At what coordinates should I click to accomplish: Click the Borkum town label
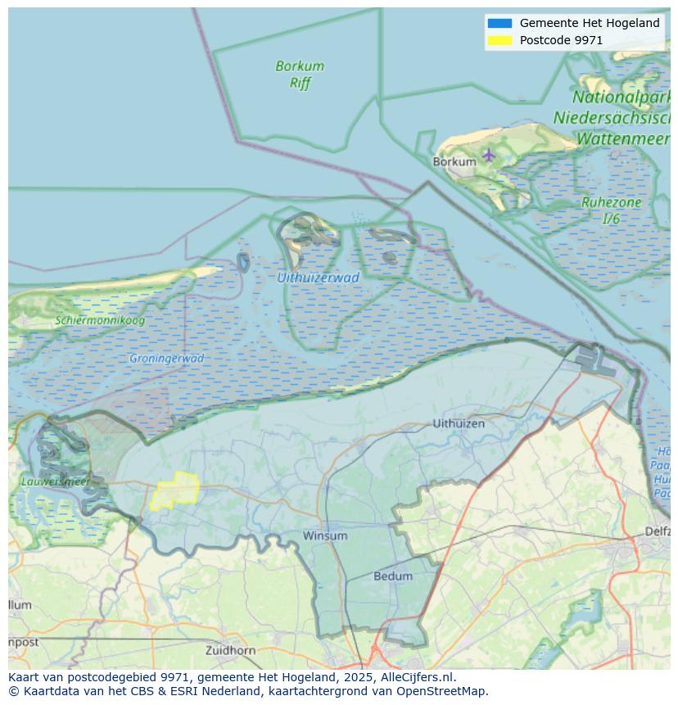point(454,162)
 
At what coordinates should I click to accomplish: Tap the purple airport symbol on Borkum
point(489,154)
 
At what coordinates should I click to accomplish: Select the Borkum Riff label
point(300,74)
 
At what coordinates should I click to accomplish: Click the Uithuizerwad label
point(318,278)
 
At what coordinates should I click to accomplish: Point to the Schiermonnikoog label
point(100,320)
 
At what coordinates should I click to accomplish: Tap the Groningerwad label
point(166,359)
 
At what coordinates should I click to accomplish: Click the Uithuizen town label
point(459,423)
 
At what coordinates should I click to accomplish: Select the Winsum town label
point(325,536)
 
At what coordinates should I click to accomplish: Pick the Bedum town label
point(393,576)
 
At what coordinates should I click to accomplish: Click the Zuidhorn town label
point(230,650)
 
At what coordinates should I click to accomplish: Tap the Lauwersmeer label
point(56,481)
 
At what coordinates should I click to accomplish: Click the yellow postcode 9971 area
point(175,490)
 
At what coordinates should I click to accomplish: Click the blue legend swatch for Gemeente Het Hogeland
point(499,23)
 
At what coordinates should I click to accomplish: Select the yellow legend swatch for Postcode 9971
point(499,40)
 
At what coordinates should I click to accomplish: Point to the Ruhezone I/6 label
point(611,210)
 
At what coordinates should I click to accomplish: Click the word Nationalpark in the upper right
point(621,97)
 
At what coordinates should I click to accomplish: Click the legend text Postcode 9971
point(561,40)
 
